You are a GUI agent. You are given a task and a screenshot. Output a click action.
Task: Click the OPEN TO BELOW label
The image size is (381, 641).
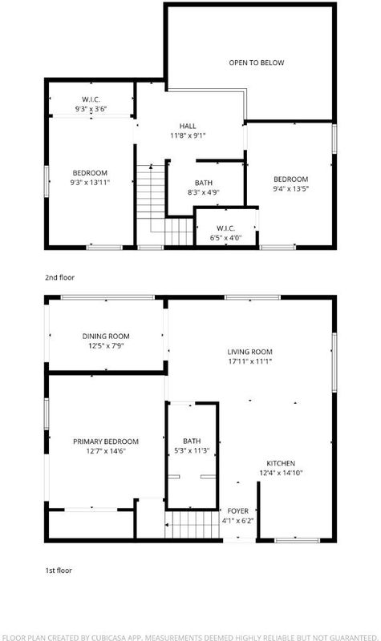tap(256, 62)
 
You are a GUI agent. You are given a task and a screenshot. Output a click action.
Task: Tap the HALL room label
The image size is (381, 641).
tap(188, 126)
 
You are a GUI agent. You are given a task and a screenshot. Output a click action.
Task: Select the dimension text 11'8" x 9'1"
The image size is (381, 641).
tap(188, 135)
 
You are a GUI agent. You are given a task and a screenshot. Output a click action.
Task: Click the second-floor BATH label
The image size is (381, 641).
tap(204, 183)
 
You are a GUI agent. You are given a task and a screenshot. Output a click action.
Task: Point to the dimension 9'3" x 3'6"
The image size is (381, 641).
tap(91, 109)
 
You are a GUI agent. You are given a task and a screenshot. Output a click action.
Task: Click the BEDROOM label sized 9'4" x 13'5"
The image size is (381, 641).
tap(290, 179)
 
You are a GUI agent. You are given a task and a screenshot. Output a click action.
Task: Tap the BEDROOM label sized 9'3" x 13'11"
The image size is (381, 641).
tap(90, 173)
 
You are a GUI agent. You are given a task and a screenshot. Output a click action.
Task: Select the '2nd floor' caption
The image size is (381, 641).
tap(59, 277)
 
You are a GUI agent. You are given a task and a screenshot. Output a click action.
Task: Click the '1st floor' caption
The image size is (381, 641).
tap(59, 570)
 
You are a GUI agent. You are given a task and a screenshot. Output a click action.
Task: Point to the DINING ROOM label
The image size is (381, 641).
tap(106, 337)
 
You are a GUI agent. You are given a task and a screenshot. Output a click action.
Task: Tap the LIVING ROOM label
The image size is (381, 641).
tap(249, 352)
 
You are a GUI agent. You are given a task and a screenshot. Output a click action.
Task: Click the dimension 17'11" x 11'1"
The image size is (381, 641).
tap(249, 361)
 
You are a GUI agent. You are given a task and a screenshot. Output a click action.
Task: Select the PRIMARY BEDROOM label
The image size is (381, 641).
tap(106, 441)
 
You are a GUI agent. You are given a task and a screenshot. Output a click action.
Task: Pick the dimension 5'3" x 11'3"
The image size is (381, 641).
tap(192, 451)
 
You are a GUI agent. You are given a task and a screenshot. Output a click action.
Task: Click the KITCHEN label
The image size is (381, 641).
tap(281, 464)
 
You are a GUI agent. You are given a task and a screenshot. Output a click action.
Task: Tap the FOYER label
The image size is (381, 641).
tap(237, 511)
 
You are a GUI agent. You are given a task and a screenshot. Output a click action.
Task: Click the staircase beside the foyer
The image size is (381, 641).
tap(193, 525)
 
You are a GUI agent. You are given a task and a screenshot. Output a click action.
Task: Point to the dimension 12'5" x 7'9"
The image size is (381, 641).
tap(106, 346)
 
